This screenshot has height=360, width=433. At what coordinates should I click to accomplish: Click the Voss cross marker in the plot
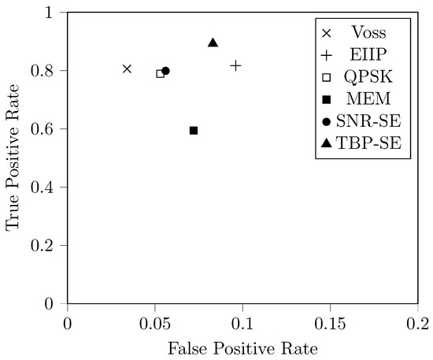[128, 69]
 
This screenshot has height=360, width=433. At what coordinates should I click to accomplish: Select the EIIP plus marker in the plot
[235, 65]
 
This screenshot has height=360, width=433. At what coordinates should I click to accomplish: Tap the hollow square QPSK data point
[161, 74]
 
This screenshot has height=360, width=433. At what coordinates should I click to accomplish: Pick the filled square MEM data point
[194, 130]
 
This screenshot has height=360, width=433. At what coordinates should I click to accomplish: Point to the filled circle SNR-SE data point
[166, 71]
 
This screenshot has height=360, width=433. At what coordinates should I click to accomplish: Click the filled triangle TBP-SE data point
[213, 43]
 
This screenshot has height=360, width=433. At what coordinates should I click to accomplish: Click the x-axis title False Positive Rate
[242, 347]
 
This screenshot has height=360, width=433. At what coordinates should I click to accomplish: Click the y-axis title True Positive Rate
[13, 158]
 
